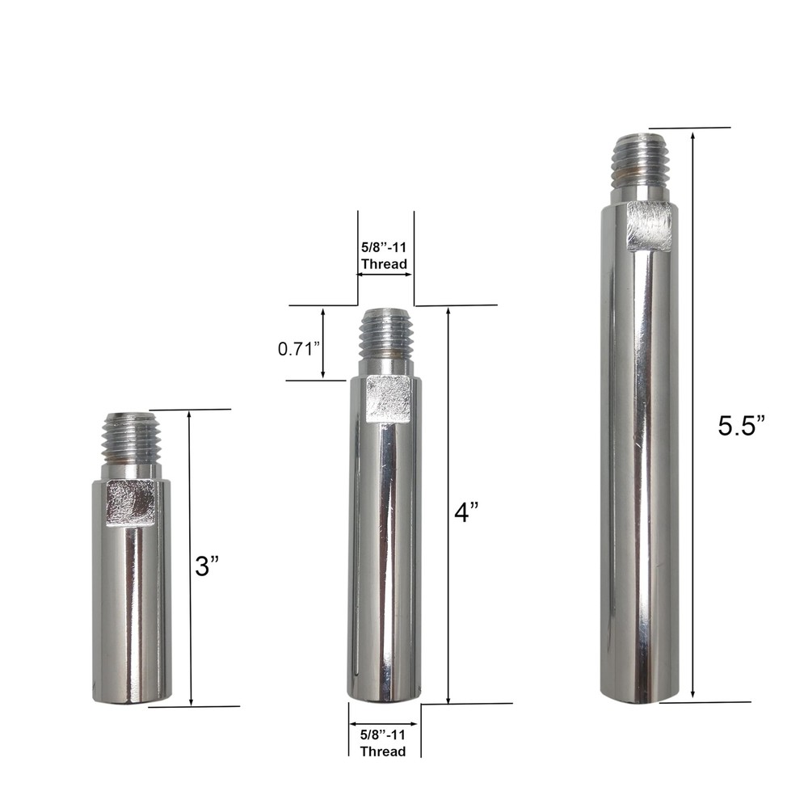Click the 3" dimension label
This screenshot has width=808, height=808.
208,566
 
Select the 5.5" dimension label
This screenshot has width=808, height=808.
741,426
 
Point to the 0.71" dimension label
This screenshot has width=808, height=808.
300,349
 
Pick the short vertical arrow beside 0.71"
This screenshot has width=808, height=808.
323,343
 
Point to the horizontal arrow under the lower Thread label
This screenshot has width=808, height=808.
383,724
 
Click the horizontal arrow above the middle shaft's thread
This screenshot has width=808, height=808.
385,275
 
